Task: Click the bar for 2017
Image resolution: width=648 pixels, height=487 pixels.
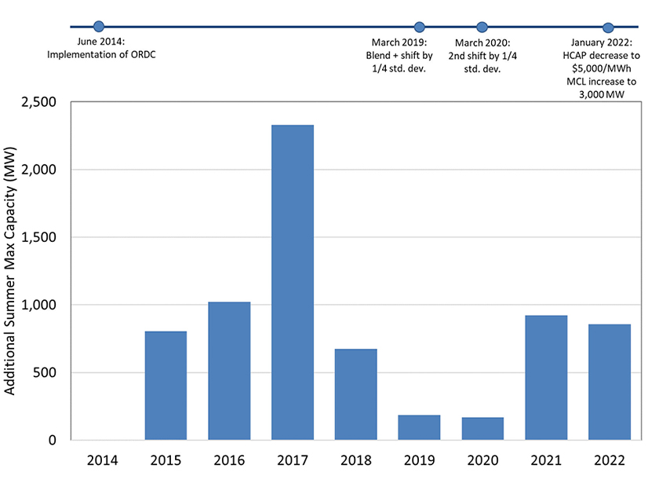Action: [x=293, y=282]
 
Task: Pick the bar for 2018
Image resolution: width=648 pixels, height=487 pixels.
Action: [x=356, y=394]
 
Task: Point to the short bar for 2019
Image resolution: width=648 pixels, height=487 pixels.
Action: [x=419, y=427]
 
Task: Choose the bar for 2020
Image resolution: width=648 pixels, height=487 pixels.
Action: [x=482, y=428]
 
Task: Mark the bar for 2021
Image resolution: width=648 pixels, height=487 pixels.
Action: [x=546, y=377]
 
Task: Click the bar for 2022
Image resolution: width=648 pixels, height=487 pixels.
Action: [x=610, y=382]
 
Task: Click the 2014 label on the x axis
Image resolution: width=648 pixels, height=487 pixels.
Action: [x=103, y=460]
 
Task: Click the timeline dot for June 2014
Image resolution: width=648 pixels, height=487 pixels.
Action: [x=98, y=27]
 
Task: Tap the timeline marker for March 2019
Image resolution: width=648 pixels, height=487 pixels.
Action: [x=420, y=27]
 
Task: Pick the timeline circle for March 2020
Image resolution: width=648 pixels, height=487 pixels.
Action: [x=482, y=27]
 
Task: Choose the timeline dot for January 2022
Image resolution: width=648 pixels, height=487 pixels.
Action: [x=607, y=27]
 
